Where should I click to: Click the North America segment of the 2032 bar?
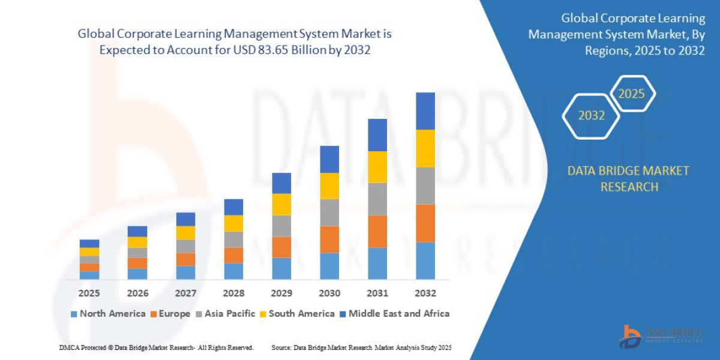pos(425,260)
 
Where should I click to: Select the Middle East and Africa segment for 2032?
pos(425,111)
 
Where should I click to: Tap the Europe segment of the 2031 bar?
pos(377,231)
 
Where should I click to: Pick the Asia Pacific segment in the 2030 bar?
pos(329,212)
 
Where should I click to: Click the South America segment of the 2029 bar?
pos(281,204)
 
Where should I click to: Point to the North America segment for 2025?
pos(89,275)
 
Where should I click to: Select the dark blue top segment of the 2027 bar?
pos(185,219)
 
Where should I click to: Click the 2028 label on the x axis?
pos(233,293)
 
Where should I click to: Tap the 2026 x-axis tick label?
pos(137,293)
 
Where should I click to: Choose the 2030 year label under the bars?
pos(329,293)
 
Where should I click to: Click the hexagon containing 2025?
pos(631,94)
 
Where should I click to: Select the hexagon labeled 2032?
pos(591,116)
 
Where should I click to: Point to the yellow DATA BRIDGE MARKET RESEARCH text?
pos(628,179)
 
